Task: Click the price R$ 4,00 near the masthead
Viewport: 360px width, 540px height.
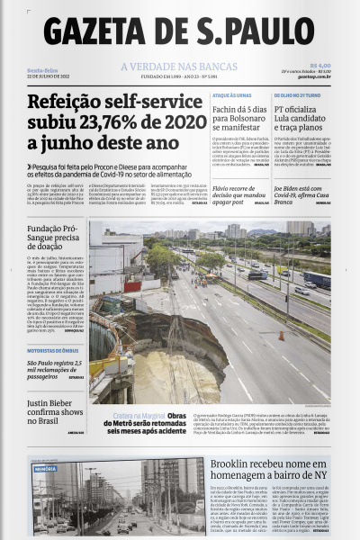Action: click(x=319, y=65)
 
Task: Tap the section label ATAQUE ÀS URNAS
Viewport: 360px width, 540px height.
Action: click(x=231, y=94)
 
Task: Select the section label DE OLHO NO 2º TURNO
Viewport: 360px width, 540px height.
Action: click(x=297, y=94)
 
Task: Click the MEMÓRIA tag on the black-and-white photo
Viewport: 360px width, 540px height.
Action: click(x=45, y=469)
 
